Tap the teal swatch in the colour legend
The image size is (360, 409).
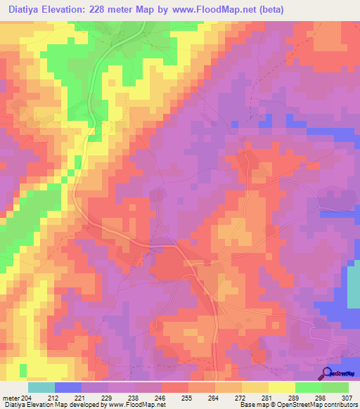click(41, 387)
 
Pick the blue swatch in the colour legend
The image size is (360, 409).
click(68, 387)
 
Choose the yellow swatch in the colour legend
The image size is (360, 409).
click(281, 387)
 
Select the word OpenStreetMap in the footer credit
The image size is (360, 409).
click(295, 405)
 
